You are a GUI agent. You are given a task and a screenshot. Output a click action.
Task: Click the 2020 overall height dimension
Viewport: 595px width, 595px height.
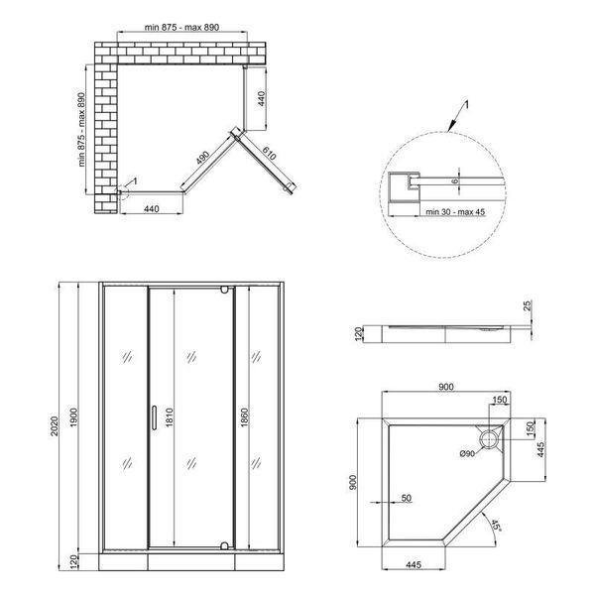pyautogui.click(x=55, y=425)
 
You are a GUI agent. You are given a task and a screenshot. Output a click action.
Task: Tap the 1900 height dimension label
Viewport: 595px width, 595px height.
pyautogui.click(x=73, y=417)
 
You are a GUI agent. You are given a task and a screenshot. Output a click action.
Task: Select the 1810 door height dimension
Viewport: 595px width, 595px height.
pyautogui.click(x=170, y=417)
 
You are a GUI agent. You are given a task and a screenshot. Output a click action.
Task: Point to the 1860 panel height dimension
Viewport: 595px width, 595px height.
pyautogui.click(x=244, y=417)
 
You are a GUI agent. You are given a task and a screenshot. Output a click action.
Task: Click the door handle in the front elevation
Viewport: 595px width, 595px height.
pyautogui.click(x=154, y=417)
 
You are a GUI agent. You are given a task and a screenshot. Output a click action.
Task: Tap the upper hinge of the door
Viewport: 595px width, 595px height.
pyautogui.click(x=224, y=290)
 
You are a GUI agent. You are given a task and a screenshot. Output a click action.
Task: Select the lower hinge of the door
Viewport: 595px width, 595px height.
pyautogui.click(x=224, y=546)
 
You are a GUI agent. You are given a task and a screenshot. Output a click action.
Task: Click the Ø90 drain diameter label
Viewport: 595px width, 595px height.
pyautogui.click(x=467, y=453)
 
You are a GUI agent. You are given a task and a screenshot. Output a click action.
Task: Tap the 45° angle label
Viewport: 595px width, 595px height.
pyautogui.click(x=496, y=526)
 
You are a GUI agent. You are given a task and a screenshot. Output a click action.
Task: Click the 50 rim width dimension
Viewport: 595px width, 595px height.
pyautogui.click(x=406, y=498)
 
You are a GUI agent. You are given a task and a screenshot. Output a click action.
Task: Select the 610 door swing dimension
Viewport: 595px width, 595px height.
pyautogui.click(x=269, y=154)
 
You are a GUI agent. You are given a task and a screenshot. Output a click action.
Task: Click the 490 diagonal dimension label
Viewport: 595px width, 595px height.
pyautogui.click(x=203, y=159)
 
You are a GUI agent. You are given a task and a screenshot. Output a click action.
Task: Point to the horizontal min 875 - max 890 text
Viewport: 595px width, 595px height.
pyautogui.click(x=181, y=28)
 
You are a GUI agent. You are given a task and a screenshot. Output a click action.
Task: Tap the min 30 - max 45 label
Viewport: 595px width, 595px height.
pyautogui.click(x=455, y=212)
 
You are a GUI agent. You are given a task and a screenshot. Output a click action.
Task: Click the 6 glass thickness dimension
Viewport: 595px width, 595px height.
pyautogui.click(x=455, y=181)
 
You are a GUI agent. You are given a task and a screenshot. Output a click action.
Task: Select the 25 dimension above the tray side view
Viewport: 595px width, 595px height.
pyautogui.click(x=529, y=305)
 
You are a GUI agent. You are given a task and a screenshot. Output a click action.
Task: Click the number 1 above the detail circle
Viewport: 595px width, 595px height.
pyautogui.click(x=467, y=104)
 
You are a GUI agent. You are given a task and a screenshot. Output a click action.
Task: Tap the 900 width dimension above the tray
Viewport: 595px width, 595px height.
pyautogui.click(x=446, y=387)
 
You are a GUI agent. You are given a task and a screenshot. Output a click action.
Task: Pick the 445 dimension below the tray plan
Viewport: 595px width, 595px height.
pyautogui.click(x=414, y=565)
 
